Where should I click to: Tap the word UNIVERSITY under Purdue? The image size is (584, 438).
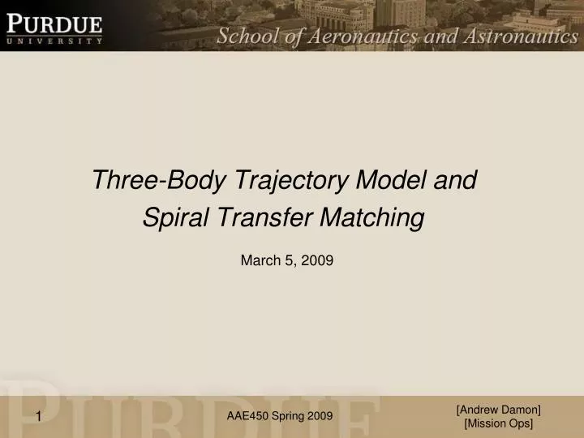point(55,39)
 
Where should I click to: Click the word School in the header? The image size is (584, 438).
point(245,36)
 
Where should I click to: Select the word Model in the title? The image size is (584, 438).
point(387,180)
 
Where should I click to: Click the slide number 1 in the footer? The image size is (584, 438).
point(38,417)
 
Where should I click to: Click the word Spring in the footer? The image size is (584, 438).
point(288,416)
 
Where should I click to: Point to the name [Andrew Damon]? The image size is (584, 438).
point(499,410)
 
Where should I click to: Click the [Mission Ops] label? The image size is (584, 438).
point(499,424)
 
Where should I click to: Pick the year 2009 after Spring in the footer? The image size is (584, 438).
point(320,416)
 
